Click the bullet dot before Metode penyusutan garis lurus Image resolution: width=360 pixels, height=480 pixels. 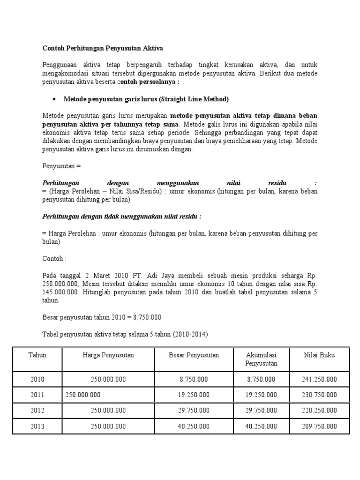pos(55,99)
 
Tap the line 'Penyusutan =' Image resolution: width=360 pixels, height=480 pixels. pos(62,166)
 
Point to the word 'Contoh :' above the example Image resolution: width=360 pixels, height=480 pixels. pos(54,259)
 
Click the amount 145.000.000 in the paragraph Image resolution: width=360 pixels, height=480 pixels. pos(59,292)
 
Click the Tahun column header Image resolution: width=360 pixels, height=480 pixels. pos(37,355)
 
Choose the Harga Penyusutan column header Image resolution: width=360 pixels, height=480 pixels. pos(105,355)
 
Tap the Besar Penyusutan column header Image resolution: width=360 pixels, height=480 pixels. pos(194,355)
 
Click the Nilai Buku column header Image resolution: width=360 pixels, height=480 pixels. pos(320,355)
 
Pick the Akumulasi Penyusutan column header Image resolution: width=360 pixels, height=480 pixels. pos(262,359)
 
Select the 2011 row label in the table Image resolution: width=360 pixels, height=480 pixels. pos(37,395)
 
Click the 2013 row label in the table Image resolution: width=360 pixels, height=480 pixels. pos(37,427)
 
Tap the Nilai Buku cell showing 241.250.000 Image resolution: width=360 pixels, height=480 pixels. pos(320,379)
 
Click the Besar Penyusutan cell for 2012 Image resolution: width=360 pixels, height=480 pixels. pos(194,411)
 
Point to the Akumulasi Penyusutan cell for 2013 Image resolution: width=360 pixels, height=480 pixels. pos(262,427)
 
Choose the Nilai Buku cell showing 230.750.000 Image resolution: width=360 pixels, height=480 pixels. pos(320,395)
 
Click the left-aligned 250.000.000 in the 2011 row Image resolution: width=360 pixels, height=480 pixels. pos(83,395)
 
